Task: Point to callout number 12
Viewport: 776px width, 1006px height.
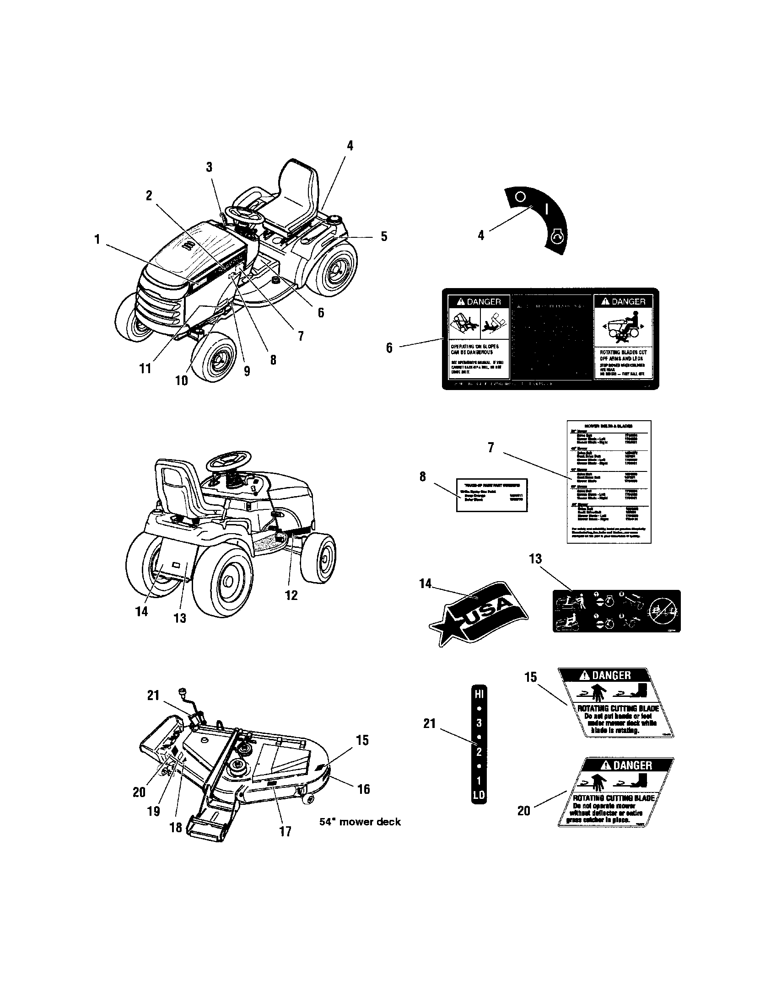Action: pos(291,595)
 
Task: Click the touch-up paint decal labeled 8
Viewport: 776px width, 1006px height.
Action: pos(492,495)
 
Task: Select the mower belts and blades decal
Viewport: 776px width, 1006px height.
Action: pos(609,482)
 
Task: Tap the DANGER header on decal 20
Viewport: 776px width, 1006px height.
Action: pos(632,765)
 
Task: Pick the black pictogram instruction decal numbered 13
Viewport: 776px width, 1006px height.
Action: pos(616,611)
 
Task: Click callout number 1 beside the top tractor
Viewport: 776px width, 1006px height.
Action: pos(97,240)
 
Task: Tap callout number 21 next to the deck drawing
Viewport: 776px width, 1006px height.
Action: pos(153,696)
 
